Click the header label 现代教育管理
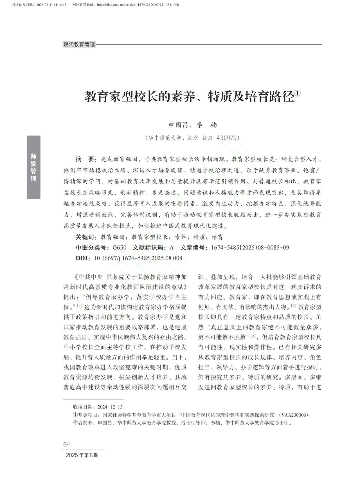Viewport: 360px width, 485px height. [79, 44]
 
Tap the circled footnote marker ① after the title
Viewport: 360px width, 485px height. [297, 93]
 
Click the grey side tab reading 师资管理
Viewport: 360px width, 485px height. [33, 167]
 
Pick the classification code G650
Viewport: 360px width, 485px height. [119, 248]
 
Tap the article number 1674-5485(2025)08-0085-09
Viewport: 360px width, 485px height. [250, 248]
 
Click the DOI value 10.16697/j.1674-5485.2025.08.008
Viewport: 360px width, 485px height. [138, 258]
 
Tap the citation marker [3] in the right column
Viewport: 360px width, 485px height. [253, 336]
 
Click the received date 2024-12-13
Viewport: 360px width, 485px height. [110, 407]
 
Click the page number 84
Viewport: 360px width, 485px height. [67, 444]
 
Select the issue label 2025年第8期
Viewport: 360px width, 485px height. [82, 455]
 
